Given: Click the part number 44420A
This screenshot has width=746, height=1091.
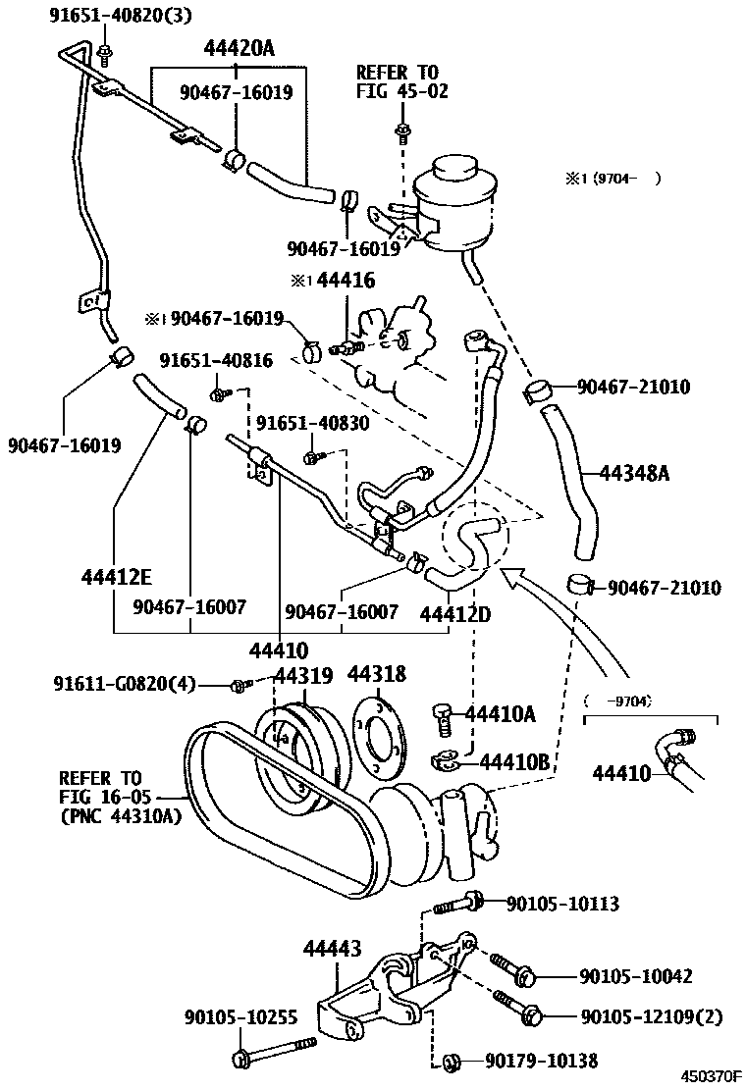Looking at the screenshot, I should point(240,48).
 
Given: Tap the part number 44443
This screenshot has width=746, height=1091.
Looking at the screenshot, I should point(332,948).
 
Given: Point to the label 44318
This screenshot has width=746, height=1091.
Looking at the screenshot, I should point(376,674).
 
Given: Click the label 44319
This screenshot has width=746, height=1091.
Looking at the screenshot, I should point(303,675).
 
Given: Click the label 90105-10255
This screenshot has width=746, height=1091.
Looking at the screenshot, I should point(240,1016).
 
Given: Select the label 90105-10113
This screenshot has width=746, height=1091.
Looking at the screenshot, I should point(563,904).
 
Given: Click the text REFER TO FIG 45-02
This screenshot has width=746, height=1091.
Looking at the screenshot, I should point(398,81).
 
